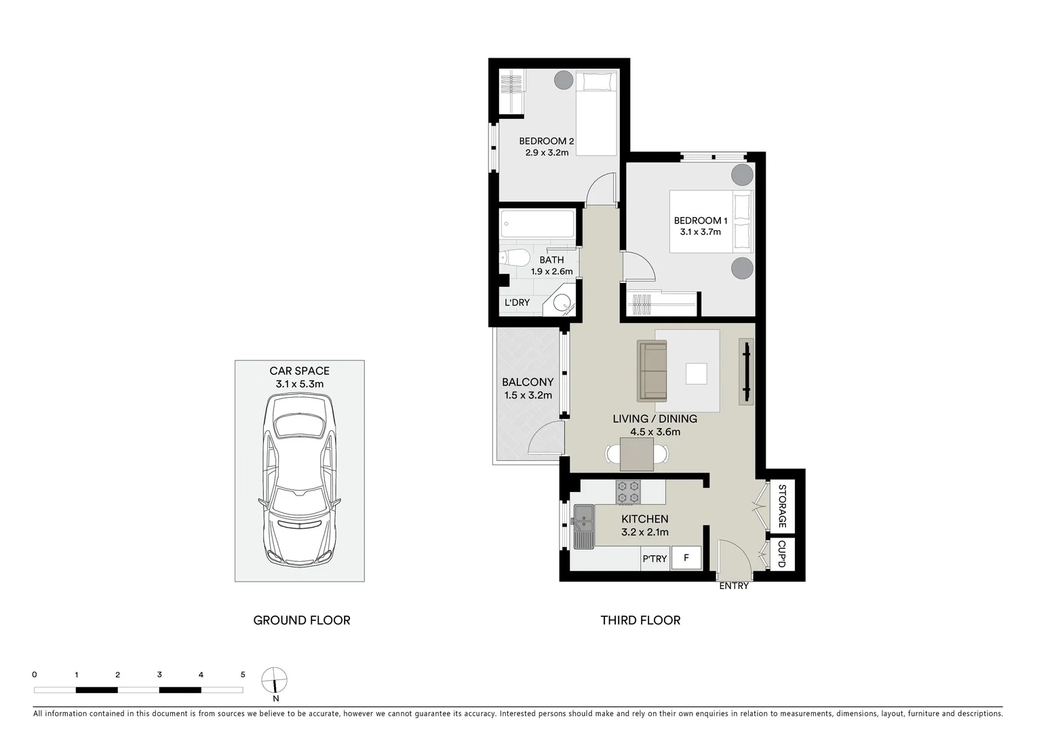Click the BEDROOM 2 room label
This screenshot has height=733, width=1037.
coord(546,141)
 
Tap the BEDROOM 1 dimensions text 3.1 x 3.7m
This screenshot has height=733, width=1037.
coord(700,232)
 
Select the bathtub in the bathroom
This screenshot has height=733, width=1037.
coord(537,223)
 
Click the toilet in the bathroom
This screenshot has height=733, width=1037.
coord(515,259)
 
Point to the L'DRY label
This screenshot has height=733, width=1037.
coord(517,303)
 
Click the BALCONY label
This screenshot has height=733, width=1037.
coord(528,383)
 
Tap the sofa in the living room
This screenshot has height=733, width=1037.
coord(652,371)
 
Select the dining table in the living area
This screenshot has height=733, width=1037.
coord(637,454)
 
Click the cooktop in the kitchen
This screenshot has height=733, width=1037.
coord(628,492)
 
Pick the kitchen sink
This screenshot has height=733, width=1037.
coord(583,526)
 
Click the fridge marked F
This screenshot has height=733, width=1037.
coord(686,559)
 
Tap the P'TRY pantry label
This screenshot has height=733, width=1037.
coord(654,559)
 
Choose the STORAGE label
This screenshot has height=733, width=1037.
coord(781,506)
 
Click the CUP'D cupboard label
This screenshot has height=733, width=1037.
coord(781,555)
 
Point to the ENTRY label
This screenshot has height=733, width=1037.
coord(734,586)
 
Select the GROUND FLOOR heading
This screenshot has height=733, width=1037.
coord(302,620)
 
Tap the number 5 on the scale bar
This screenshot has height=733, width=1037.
coord(243,675)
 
